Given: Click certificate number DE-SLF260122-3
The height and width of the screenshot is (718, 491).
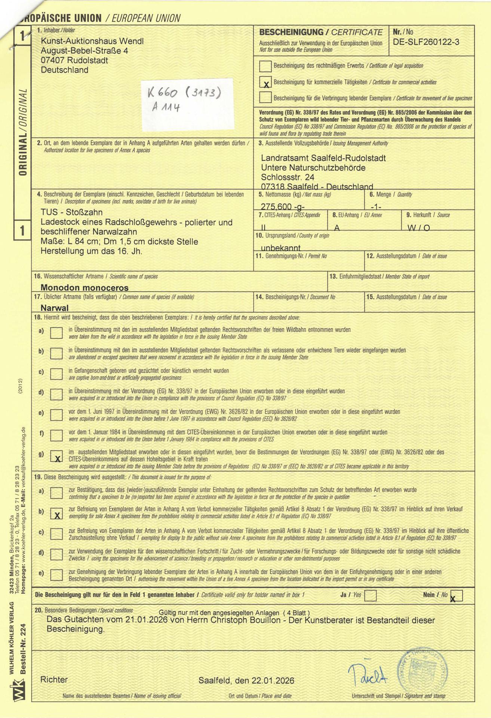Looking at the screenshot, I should (x=426, y=42).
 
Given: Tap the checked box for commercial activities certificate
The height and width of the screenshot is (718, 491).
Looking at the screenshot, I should (x=266, y=82).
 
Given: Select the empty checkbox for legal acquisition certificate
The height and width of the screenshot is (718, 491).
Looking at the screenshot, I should (x=266, y=66).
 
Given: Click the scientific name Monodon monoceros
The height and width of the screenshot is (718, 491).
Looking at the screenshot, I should (x=85, y=288).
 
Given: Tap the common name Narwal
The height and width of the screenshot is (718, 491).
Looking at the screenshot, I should (x=55, y=308).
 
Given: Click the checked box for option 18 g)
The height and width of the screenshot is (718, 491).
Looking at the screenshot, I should (x=56, y=456).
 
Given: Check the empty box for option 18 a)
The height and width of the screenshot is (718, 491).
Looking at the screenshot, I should (x=56, y=332).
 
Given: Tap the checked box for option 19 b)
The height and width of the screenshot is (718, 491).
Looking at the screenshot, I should (x=56, y=514).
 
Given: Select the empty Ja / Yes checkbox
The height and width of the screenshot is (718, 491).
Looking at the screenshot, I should (x=370, y=595).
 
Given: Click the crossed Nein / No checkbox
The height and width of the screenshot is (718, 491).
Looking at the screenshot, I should (x=457, y=595).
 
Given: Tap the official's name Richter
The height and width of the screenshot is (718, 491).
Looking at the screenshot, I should (x=54, y=679).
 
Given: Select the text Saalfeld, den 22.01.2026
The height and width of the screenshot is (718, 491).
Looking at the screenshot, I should (x=246, y=680).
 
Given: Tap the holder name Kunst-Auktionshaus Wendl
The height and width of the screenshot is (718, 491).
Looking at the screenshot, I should (x=92, y=41).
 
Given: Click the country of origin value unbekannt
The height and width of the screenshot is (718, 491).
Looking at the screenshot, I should (x=280, y=248).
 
